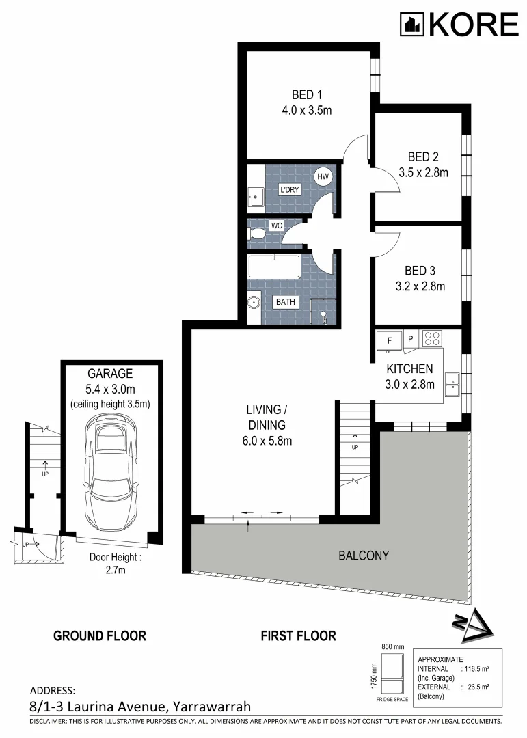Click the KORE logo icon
coord(412,25)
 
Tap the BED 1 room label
coord(307,94)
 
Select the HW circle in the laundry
coord(323,176)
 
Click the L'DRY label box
coord(290,189)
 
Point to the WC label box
coord(276,225)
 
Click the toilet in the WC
coord(257,233)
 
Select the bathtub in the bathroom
coord(274,266)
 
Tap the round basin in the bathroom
coord(254,302)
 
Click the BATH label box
coord(286,302)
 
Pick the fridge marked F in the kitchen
coord(389,340)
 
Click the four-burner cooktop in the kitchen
coord(432,338)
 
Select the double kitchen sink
coord(452,384)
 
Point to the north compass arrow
coord(472,626)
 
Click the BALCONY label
coord(364,556)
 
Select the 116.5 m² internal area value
coord(477,668)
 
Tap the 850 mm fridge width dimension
coord(393,646)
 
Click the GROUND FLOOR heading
coord(100,636)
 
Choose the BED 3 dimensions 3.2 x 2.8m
coord(420,286)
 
